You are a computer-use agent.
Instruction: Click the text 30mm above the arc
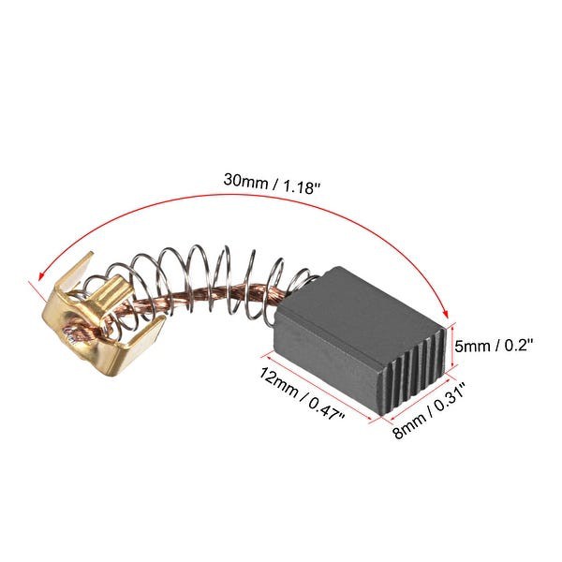coord(246,177)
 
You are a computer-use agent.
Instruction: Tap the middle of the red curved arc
coord(253,196)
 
